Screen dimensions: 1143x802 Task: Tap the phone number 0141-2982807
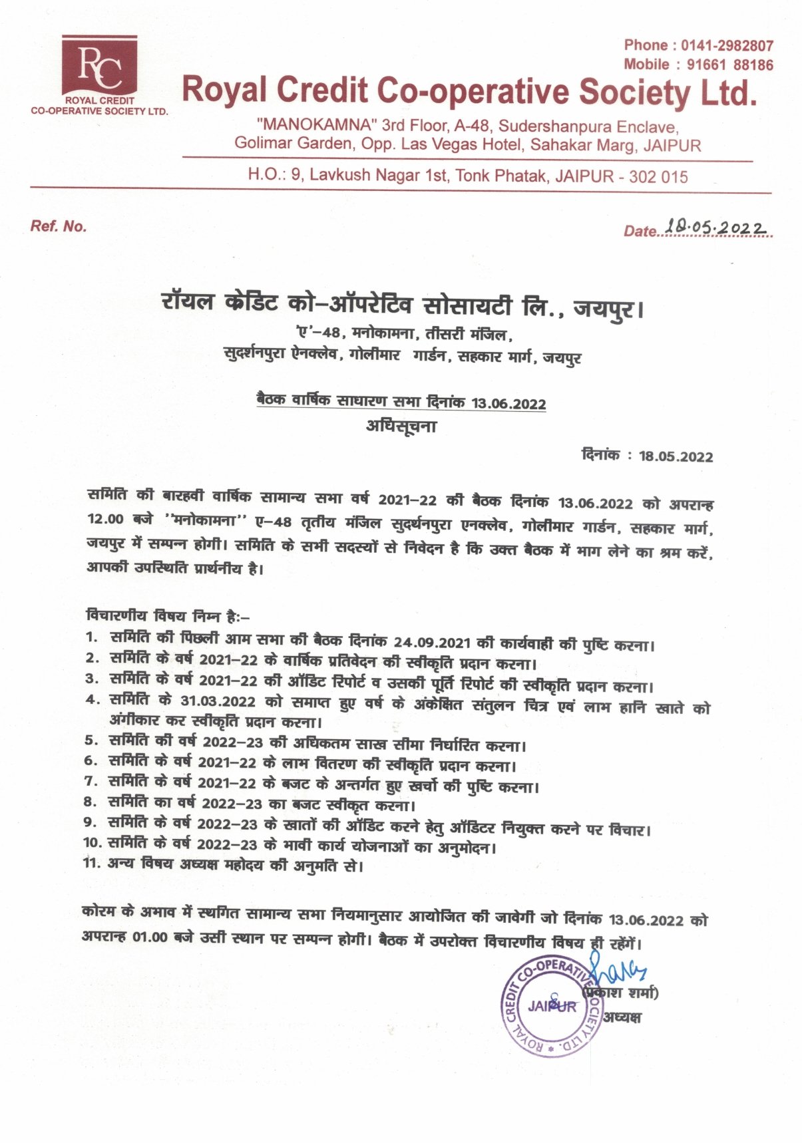click(727, 46)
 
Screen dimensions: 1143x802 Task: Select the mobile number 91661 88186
click(729, 65)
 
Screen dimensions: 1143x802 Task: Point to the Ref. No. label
click(59, 226)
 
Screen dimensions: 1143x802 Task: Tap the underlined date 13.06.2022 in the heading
click(508, 403)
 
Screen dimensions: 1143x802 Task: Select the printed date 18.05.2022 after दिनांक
click(676, 456)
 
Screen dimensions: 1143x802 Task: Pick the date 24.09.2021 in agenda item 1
click(432, 643)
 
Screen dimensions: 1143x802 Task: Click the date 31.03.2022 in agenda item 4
click(218, 701)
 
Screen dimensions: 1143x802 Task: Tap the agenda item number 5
click(91, 740)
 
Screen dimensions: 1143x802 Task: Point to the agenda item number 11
click(91, 863)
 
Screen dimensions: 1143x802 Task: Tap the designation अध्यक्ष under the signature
click(622, 1017)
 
